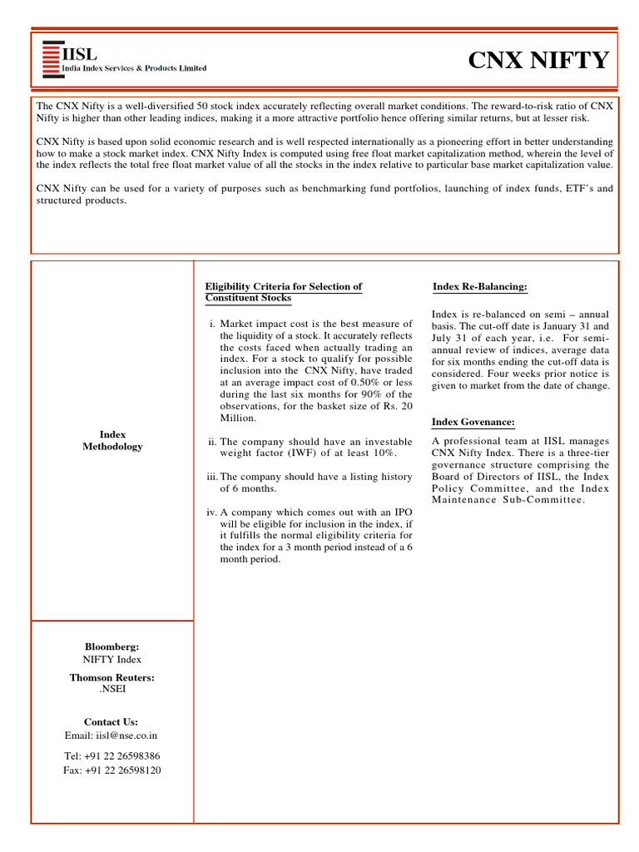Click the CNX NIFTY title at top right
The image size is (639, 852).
538,61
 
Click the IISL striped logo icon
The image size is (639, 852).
52,58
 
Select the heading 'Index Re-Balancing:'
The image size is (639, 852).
480,286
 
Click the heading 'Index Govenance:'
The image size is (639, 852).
473,423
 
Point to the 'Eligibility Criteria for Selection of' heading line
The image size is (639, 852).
284,286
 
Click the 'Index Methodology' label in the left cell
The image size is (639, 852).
112,440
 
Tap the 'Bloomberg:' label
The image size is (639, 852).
112,646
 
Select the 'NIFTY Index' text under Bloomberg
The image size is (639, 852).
112,659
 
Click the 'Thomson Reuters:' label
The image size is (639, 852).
112,677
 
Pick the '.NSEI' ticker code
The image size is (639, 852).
112,689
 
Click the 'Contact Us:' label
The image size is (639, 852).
111,721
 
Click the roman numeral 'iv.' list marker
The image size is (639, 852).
211,513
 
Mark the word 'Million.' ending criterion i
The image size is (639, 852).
238,418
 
